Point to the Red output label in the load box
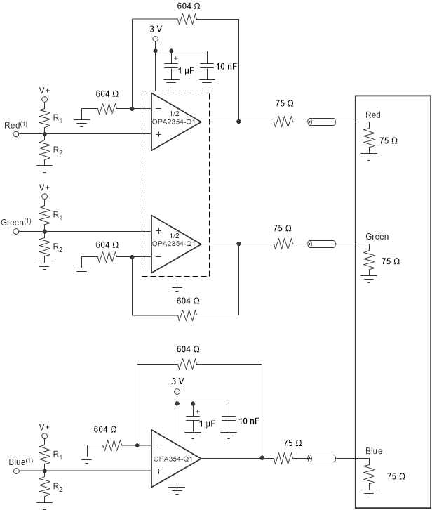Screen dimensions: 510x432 (374, 115)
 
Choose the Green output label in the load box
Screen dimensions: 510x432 (377, 237)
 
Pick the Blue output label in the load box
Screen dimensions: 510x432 (374, 450)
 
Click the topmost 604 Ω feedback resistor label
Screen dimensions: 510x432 (187, 6)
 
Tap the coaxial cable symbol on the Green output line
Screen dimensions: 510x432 (321, 244)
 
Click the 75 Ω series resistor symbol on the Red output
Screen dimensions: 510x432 (283, 122)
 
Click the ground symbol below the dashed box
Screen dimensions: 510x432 (176, 285)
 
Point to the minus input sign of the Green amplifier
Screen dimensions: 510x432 (157, 256)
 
